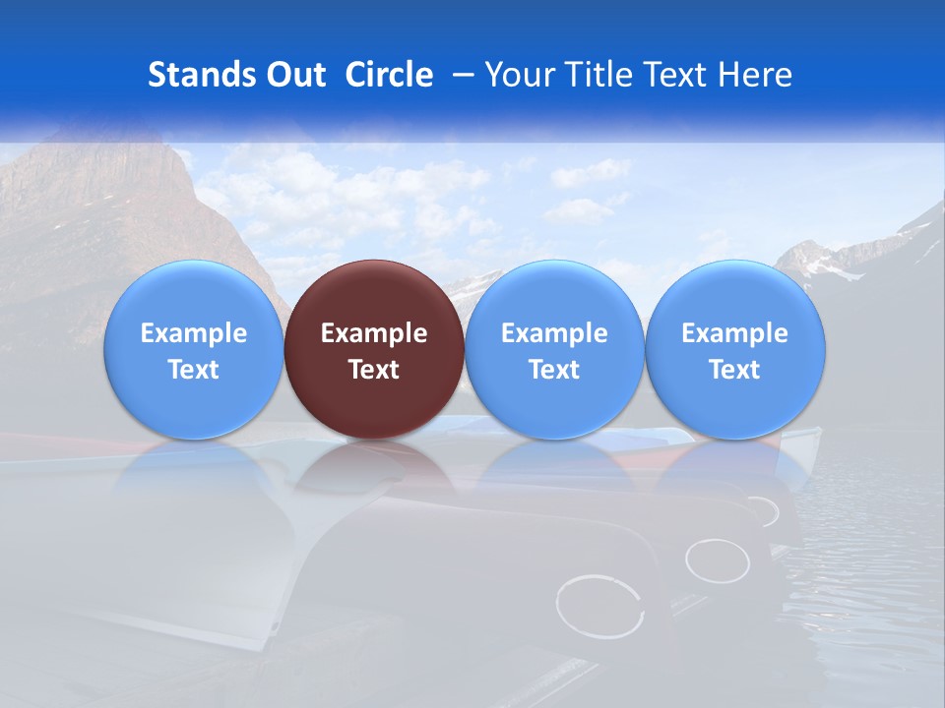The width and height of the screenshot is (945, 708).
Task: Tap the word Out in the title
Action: click(x=293, y=75)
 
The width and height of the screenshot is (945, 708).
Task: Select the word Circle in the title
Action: click(x=389, y=75)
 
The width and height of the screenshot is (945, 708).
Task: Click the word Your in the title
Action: click(x=517, y=75)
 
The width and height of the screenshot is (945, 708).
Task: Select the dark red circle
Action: click(x=374, y=349)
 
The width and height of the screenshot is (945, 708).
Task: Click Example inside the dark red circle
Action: click(x=374, y=333)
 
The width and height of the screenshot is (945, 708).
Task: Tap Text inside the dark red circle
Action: click(x=374, y=370)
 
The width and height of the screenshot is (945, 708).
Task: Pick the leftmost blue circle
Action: click(x=193, y=349)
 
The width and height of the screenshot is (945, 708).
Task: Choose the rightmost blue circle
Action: click(x=735, y=349)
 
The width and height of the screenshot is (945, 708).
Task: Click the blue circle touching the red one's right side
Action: click(x=554, y=349)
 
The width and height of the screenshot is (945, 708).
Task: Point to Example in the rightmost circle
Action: click(x=735, y=333)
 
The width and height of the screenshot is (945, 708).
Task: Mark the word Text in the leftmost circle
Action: click(x=193, y=370)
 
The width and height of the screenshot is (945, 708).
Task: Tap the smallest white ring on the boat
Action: click(x=762, y=511)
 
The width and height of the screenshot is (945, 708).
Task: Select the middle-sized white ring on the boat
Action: click(x=718, y=560)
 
